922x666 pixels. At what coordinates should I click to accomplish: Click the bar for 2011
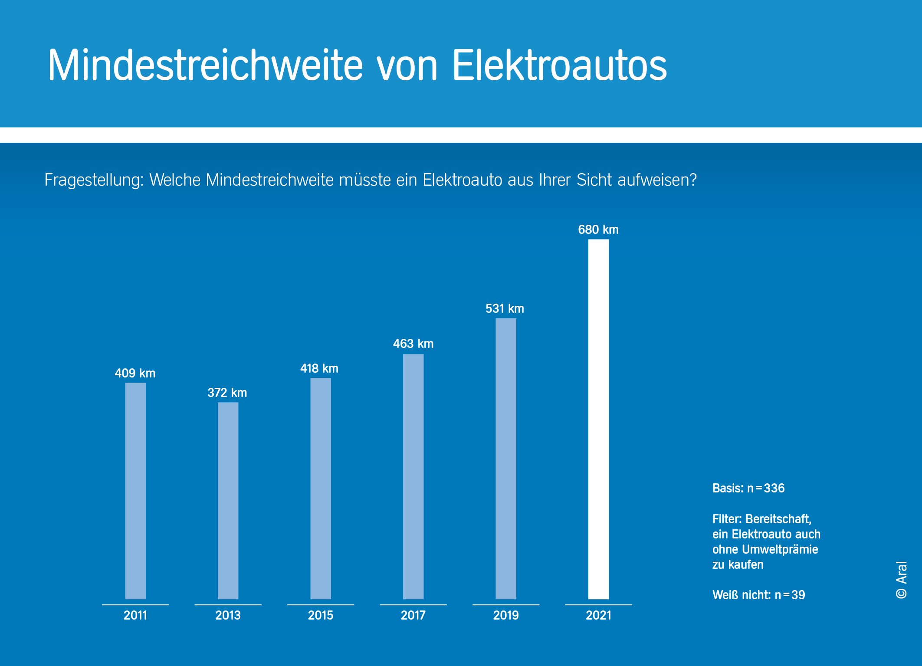135,490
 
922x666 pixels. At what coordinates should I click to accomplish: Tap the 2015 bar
321,488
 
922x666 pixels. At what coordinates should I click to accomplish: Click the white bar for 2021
598,419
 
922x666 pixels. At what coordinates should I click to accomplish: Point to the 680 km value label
598,230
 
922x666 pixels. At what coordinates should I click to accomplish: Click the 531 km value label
505,308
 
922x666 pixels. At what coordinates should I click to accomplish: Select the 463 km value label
413,344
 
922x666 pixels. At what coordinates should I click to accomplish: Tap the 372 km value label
227,393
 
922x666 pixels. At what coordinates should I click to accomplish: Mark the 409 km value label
135,373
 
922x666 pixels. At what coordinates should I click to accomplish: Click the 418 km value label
319,368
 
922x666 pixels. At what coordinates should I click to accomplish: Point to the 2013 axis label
228,615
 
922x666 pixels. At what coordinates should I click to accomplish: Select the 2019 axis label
506,615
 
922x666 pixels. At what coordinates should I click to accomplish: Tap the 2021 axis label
598,615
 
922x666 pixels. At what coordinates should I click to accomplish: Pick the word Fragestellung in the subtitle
94,180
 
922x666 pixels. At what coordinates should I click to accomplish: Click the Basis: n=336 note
748,488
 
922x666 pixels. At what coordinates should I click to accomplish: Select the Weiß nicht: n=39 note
758,595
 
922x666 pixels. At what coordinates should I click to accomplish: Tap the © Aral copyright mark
901,580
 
